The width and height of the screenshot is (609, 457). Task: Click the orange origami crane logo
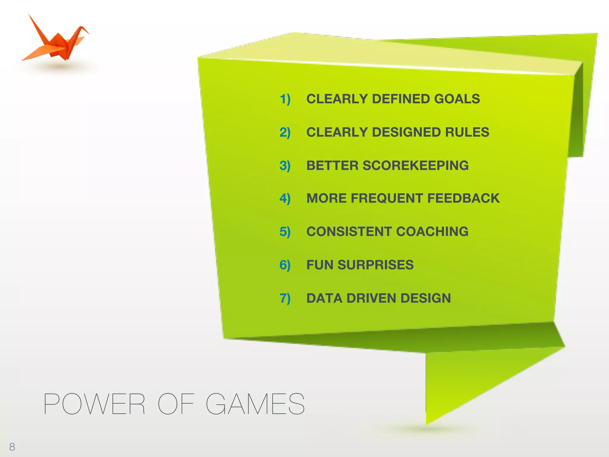click(56, 40)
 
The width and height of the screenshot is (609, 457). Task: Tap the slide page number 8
click(12, 447)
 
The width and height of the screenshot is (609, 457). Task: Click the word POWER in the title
click(94, 404)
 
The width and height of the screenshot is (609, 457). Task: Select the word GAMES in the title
click(255, 404)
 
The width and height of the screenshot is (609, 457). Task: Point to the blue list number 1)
click(285, 99)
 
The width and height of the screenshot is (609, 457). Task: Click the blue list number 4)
click(285, 198)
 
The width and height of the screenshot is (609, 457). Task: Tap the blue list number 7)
click(285, 298)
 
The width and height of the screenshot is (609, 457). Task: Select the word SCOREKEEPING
click(415, 166)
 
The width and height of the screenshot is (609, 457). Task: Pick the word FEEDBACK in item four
click(463, 198)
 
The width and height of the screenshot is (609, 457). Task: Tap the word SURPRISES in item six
click(376, 265)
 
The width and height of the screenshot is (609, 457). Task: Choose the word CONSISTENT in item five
click(349, 232)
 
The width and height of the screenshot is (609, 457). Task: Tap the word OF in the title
click(176, 404)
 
